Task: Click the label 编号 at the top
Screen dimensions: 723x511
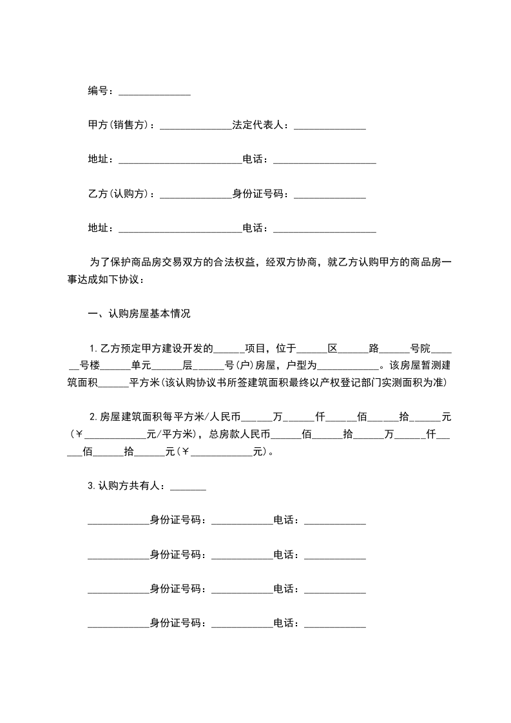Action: pos(98,91)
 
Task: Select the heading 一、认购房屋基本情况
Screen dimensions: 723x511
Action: pos(139,314)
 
